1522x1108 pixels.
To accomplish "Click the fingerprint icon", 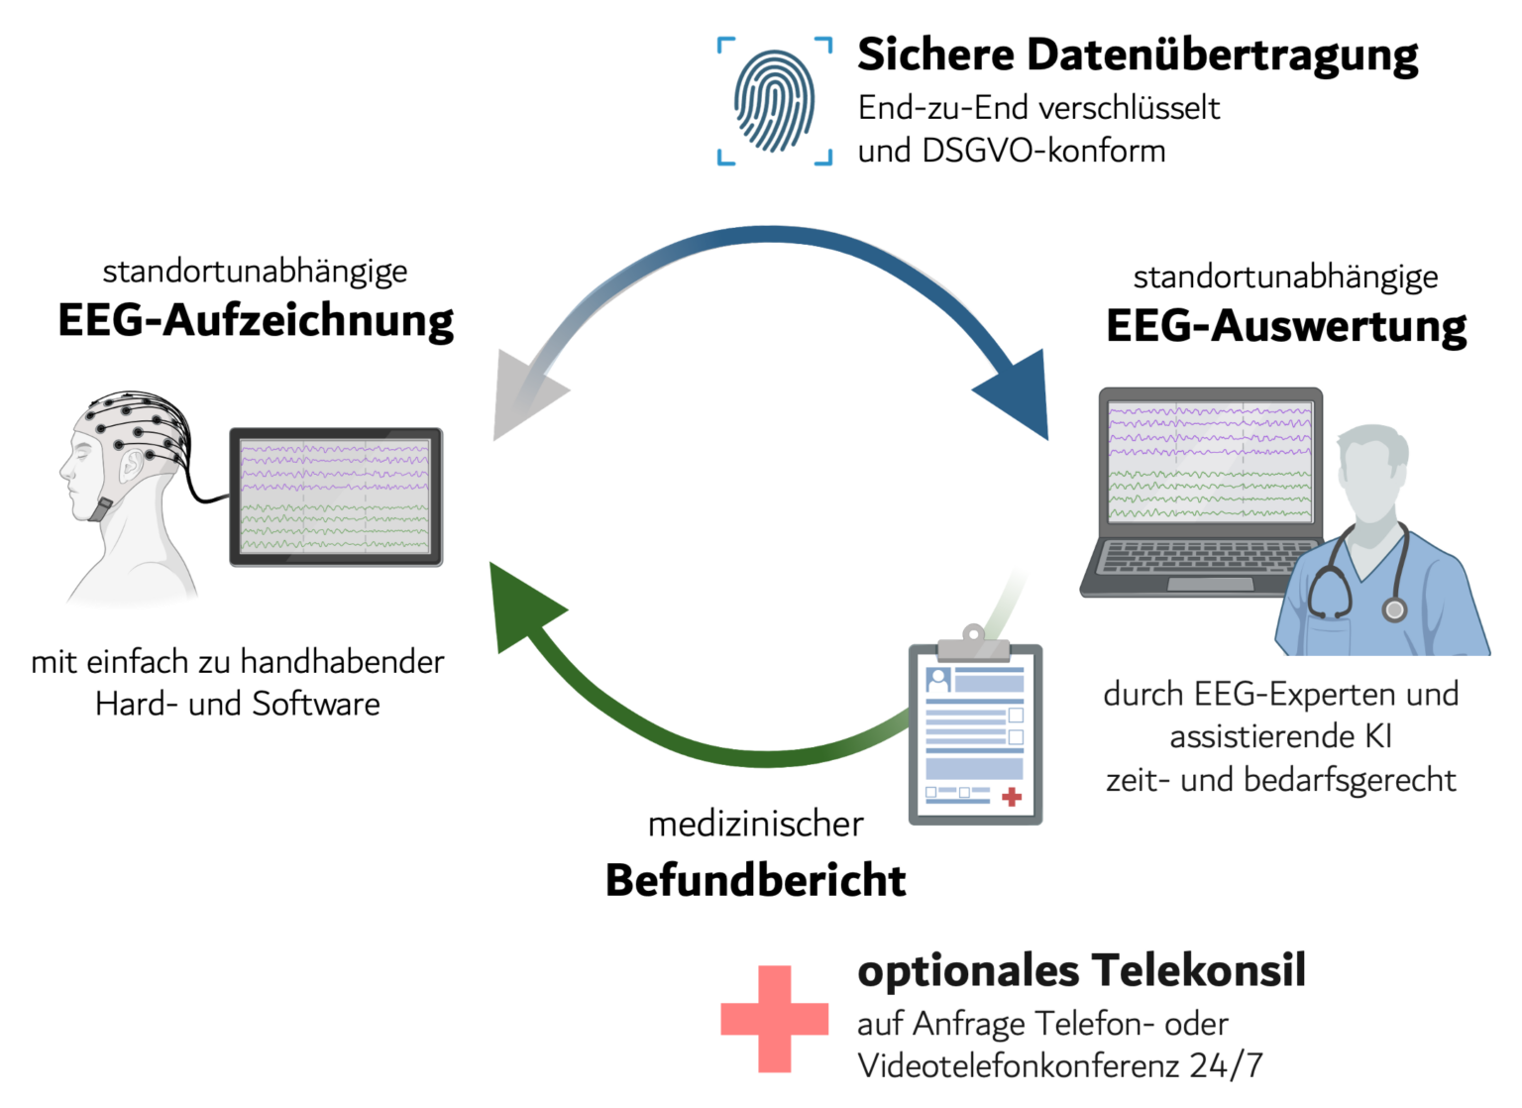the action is click(775, 101).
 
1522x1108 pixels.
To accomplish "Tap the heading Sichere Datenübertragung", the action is click(1139, 55).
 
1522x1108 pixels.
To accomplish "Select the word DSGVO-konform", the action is click(1044, 151).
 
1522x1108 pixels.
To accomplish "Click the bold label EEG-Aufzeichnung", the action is click(256, 321).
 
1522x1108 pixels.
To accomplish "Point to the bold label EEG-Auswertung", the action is click(1286, 326).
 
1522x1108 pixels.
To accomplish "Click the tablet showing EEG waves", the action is click(336, 497).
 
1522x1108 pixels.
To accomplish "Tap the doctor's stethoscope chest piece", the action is click(1394, 609).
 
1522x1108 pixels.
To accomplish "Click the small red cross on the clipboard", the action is click(1012, 797).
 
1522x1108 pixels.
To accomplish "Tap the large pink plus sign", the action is click(775, 1019).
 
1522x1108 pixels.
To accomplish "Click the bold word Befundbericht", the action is click(756, 880).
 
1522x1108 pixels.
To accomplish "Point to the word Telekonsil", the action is click(1199, 970).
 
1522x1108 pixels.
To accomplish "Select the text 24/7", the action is click(1226, 1065).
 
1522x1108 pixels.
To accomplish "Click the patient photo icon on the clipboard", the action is click(938, 680).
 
